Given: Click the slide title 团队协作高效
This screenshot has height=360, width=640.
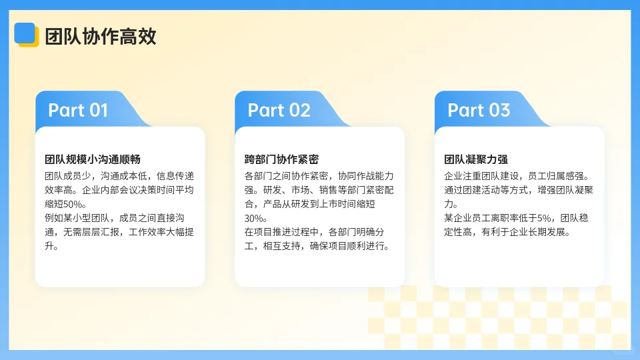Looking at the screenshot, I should [x=101, y=37].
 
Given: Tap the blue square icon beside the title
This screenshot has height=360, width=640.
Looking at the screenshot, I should [x=25, y=33].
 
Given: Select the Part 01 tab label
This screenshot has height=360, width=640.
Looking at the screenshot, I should [x=78, y=110].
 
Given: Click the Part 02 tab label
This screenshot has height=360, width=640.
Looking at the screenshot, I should [x=279, y=110].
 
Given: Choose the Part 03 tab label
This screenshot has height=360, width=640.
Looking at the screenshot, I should [x=479, y=110].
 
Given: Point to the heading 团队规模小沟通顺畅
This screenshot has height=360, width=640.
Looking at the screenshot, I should [x=93, y=159].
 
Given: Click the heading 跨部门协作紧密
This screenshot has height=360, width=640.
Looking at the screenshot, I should [x=281, y=159].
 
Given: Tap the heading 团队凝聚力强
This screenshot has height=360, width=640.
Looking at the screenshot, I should [x=476, y=159].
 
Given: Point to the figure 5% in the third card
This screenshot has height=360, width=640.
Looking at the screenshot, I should [x=545, y=218].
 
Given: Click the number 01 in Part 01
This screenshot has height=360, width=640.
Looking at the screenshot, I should [x=98, y=110].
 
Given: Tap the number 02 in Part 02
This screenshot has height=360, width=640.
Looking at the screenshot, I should [x=299, y=110].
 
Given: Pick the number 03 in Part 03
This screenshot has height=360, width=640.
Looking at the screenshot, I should [x=499, y=110].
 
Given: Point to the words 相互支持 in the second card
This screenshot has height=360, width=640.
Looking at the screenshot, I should [x=283, y=246].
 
